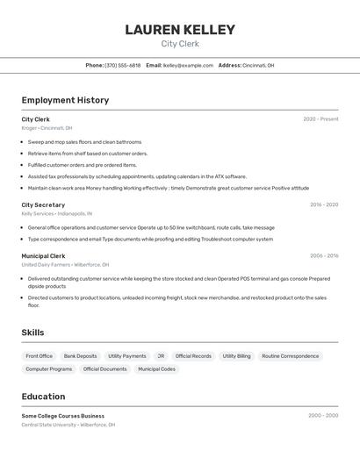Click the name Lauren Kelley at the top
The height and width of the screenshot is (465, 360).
pyautogui.click(x=180, y=30)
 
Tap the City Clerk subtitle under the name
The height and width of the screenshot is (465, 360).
pyautogui.click(x=180, y=44)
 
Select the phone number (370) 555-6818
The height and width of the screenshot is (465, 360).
pyautogui.click(x=122, y=65)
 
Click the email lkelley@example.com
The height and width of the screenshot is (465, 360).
pyautogui.click(x=189, y=65)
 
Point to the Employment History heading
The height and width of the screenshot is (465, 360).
pyautogui.click(x=65, y=100)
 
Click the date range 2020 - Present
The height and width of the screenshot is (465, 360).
pyautogui.click(x=320, y=119)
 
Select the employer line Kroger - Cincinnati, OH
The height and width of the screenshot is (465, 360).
pyautogui.click(x=47, y=128)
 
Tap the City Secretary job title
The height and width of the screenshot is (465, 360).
pyautogui.click(x=43, y=204)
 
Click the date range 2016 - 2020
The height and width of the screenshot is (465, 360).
pyautogui.click(x=323, y=204)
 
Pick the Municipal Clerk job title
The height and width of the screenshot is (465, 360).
pyautogui.click(x=43, y=256)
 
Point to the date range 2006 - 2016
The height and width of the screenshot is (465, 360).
pyautogui.click(x=323, y=256)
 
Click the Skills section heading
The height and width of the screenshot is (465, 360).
pyautogui.click(x=32, y=333)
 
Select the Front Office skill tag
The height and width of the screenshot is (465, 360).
pyautogui.click(x=39, y=356)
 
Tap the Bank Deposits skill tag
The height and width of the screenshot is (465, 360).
pyautogui.click(x=80, y=356)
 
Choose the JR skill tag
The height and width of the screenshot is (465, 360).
pyautogui.click(x=161, y=356)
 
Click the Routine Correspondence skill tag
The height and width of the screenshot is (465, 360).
pyautogui.click(x=290, y=356)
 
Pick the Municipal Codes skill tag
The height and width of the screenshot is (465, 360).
pyautogui.click(x=156, y=369)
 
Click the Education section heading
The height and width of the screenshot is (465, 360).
pyautogui.click(x=43, y=397)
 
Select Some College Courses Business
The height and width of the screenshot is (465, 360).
pyautogui.click(x=62, y=416)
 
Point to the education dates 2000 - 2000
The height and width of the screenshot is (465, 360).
pyautogui.click(x=323, y=416)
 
